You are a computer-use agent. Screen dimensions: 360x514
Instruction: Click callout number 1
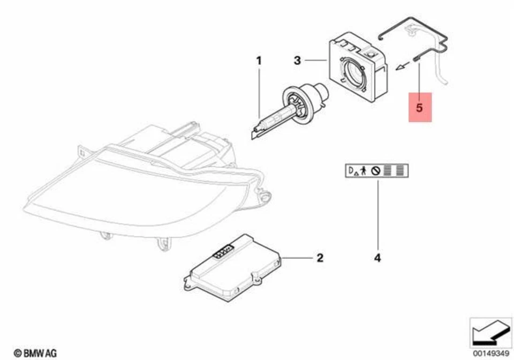coord(259,61)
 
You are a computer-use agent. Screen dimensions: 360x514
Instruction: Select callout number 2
coord(319,258)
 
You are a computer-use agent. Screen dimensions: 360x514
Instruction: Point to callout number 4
coord(377,258)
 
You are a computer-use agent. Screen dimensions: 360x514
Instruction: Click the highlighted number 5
coord(420,107)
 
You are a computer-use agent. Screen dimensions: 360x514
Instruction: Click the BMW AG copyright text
coord(35,352)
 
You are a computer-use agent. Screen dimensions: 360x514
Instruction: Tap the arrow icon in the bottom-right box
coord(487,331)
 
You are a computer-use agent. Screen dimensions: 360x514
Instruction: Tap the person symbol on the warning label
coord(363,171)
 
